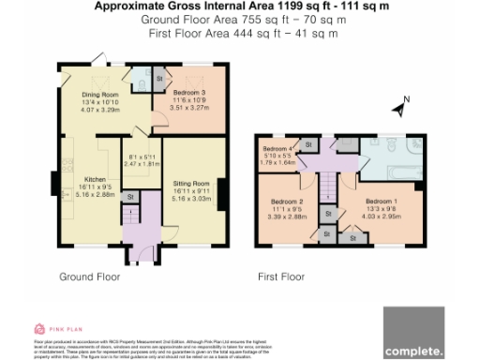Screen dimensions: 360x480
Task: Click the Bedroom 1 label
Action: [x=381, y=202]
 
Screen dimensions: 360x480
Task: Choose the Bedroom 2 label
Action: [x=287, y=202]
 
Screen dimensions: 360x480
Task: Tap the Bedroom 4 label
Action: [x=277, y=150]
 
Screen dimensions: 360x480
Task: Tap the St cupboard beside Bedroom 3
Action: [x=158, y=78]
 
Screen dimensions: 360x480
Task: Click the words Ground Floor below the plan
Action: [x=89, y=277]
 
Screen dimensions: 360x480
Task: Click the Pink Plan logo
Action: [x=59, y=327]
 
